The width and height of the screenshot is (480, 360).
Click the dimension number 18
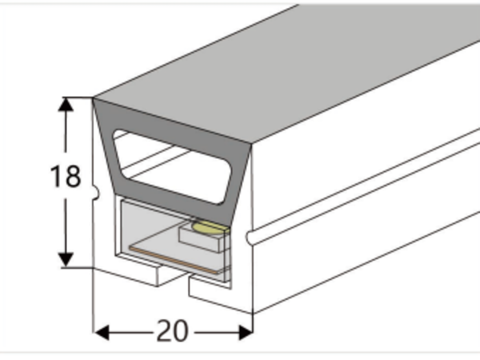point(66,176)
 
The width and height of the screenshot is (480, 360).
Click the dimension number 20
point(172,331)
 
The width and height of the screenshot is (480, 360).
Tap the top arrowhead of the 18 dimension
point(66,104)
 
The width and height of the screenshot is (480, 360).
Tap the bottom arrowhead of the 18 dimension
point(66,261)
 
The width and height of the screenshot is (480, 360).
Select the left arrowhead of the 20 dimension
point(102,333)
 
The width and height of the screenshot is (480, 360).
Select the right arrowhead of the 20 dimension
point(246,333)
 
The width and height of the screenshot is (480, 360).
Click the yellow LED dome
point(210,228)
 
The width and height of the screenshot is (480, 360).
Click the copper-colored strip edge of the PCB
point(175,260)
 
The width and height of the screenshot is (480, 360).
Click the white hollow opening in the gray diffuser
point(172,167)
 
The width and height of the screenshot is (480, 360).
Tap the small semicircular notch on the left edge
point(96,193)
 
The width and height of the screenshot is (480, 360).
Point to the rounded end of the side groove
point(250,238)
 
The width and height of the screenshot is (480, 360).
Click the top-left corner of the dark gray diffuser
point(93,98)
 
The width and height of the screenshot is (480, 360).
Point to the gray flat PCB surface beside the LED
point(159,245)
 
